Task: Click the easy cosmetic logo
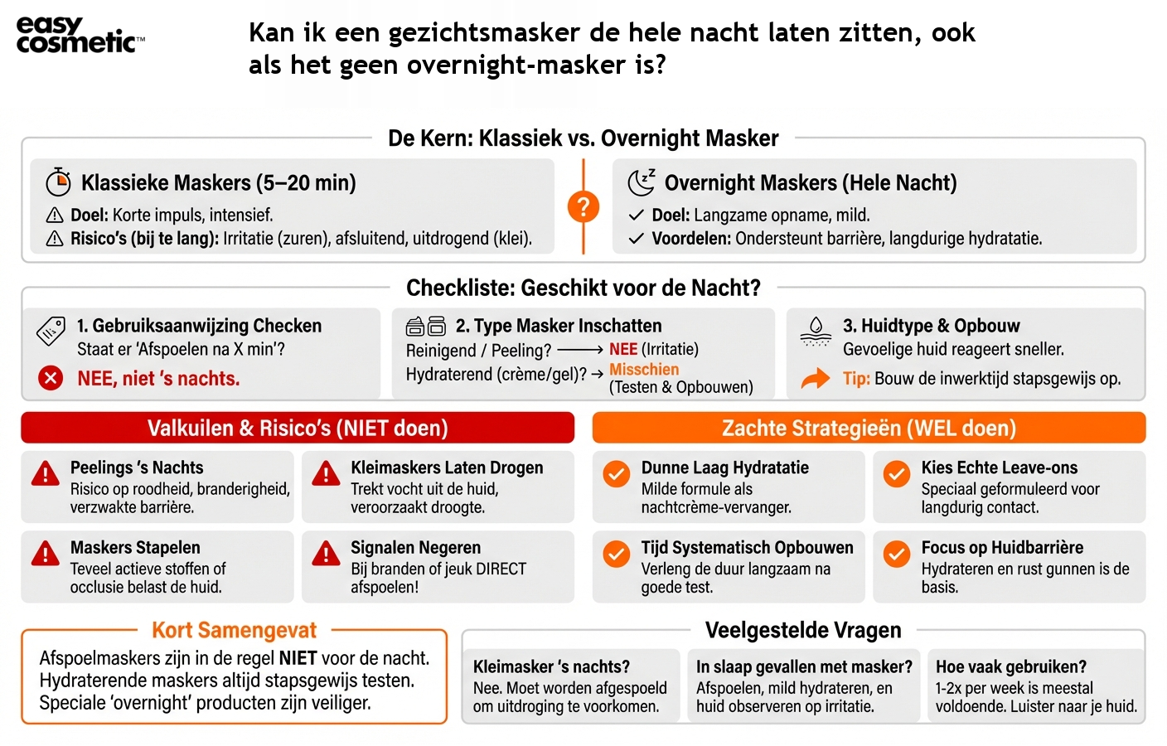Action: coord(79,36)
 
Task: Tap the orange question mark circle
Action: coord(583,206)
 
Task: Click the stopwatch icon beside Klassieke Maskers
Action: coord(58,182)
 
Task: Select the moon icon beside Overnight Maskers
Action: coord(641,182)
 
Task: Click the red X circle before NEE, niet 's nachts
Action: coord(51,379)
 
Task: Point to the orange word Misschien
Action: coord(644,370)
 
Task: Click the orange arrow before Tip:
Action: coord(816,379)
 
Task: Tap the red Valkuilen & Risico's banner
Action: coord(298,428)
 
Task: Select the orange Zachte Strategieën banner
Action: coord(869,428)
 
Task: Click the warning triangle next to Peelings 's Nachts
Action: coord(45,473)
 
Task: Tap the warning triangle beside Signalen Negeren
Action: coord(326,553)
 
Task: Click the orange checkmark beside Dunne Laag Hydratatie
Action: coord(616,473)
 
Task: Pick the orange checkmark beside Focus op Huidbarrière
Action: coord(896,553)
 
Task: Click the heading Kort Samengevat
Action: coord(234,630)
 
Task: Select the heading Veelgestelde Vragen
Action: coord(802,630)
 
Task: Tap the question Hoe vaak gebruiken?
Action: coord(1010,666)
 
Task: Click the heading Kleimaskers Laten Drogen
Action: coord(447,467)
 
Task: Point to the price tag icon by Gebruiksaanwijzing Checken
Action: coord(51,331)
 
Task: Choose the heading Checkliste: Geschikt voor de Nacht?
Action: coord(583,288)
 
